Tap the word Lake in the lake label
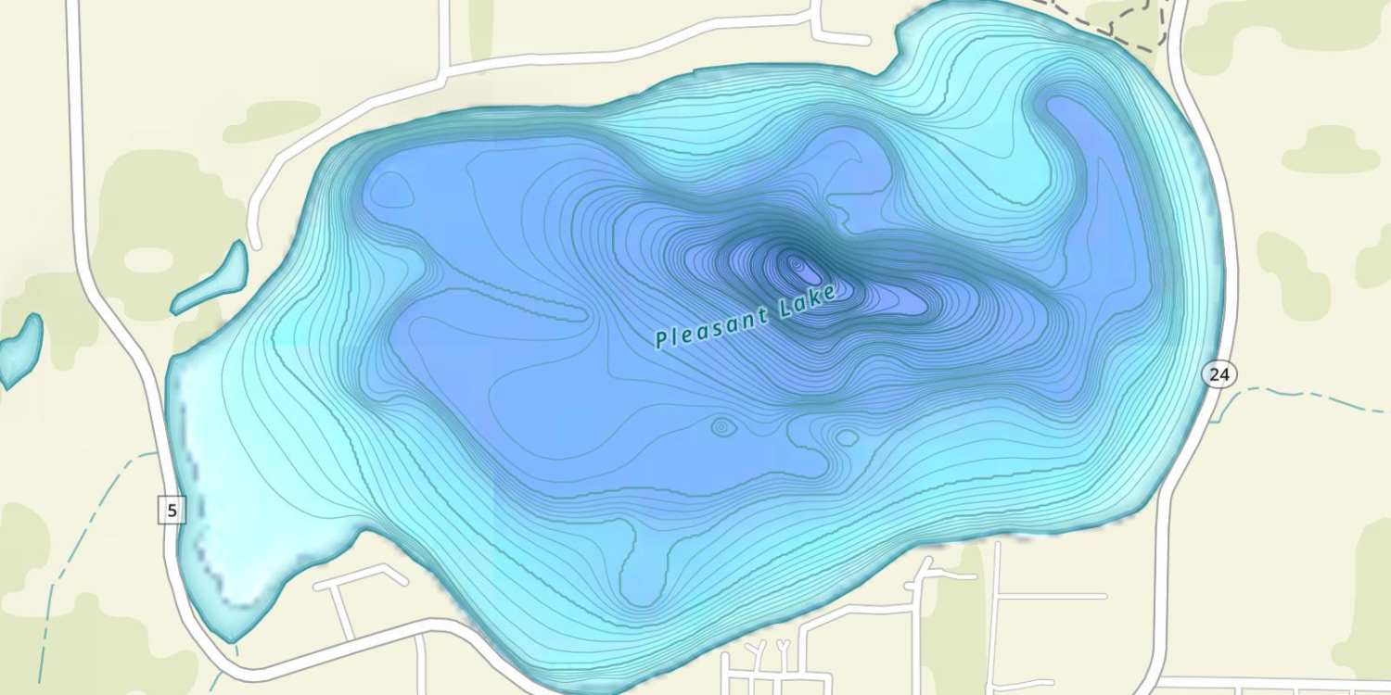pyautogui.click(x=809, y=301)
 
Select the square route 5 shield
pyautogui.click(x=172, y=509)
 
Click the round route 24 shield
pyautogui.click(x=1219, y=374)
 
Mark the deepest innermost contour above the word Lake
pyautogui.click(x=803, y=270)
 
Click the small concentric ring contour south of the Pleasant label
pyautogui.click(x=722, y=427)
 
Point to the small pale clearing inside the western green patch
pyautogui.click(x=148, y=259)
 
